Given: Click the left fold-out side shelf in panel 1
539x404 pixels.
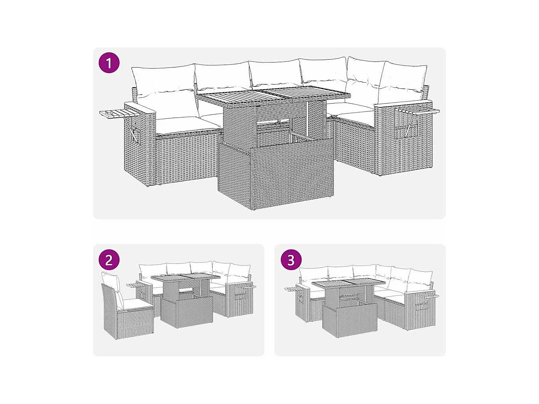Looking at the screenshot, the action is click(119, 114).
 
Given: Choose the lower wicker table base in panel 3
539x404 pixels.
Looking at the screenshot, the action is click(350, 321).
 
